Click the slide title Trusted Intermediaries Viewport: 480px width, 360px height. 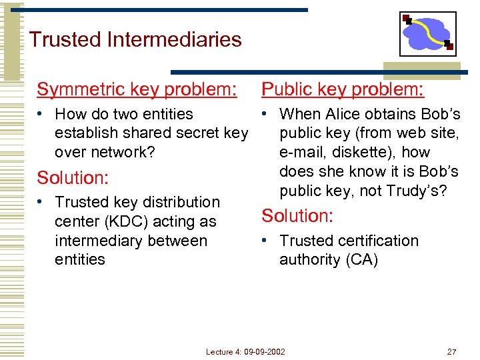[135, 39]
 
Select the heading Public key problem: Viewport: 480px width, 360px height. [343, 89]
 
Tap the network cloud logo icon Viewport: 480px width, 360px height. [427, 34]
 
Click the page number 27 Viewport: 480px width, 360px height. [452, 351]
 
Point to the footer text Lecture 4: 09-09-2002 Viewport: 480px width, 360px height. [245, 351]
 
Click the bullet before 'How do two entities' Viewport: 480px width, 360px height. [41, 115]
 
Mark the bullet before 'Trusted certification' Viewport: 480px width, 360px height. [266, 241]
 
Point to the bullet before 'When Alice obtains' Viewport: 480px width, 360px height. [266, 115]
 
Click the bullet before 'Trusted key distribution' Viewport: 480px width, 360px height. [41, 202]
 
